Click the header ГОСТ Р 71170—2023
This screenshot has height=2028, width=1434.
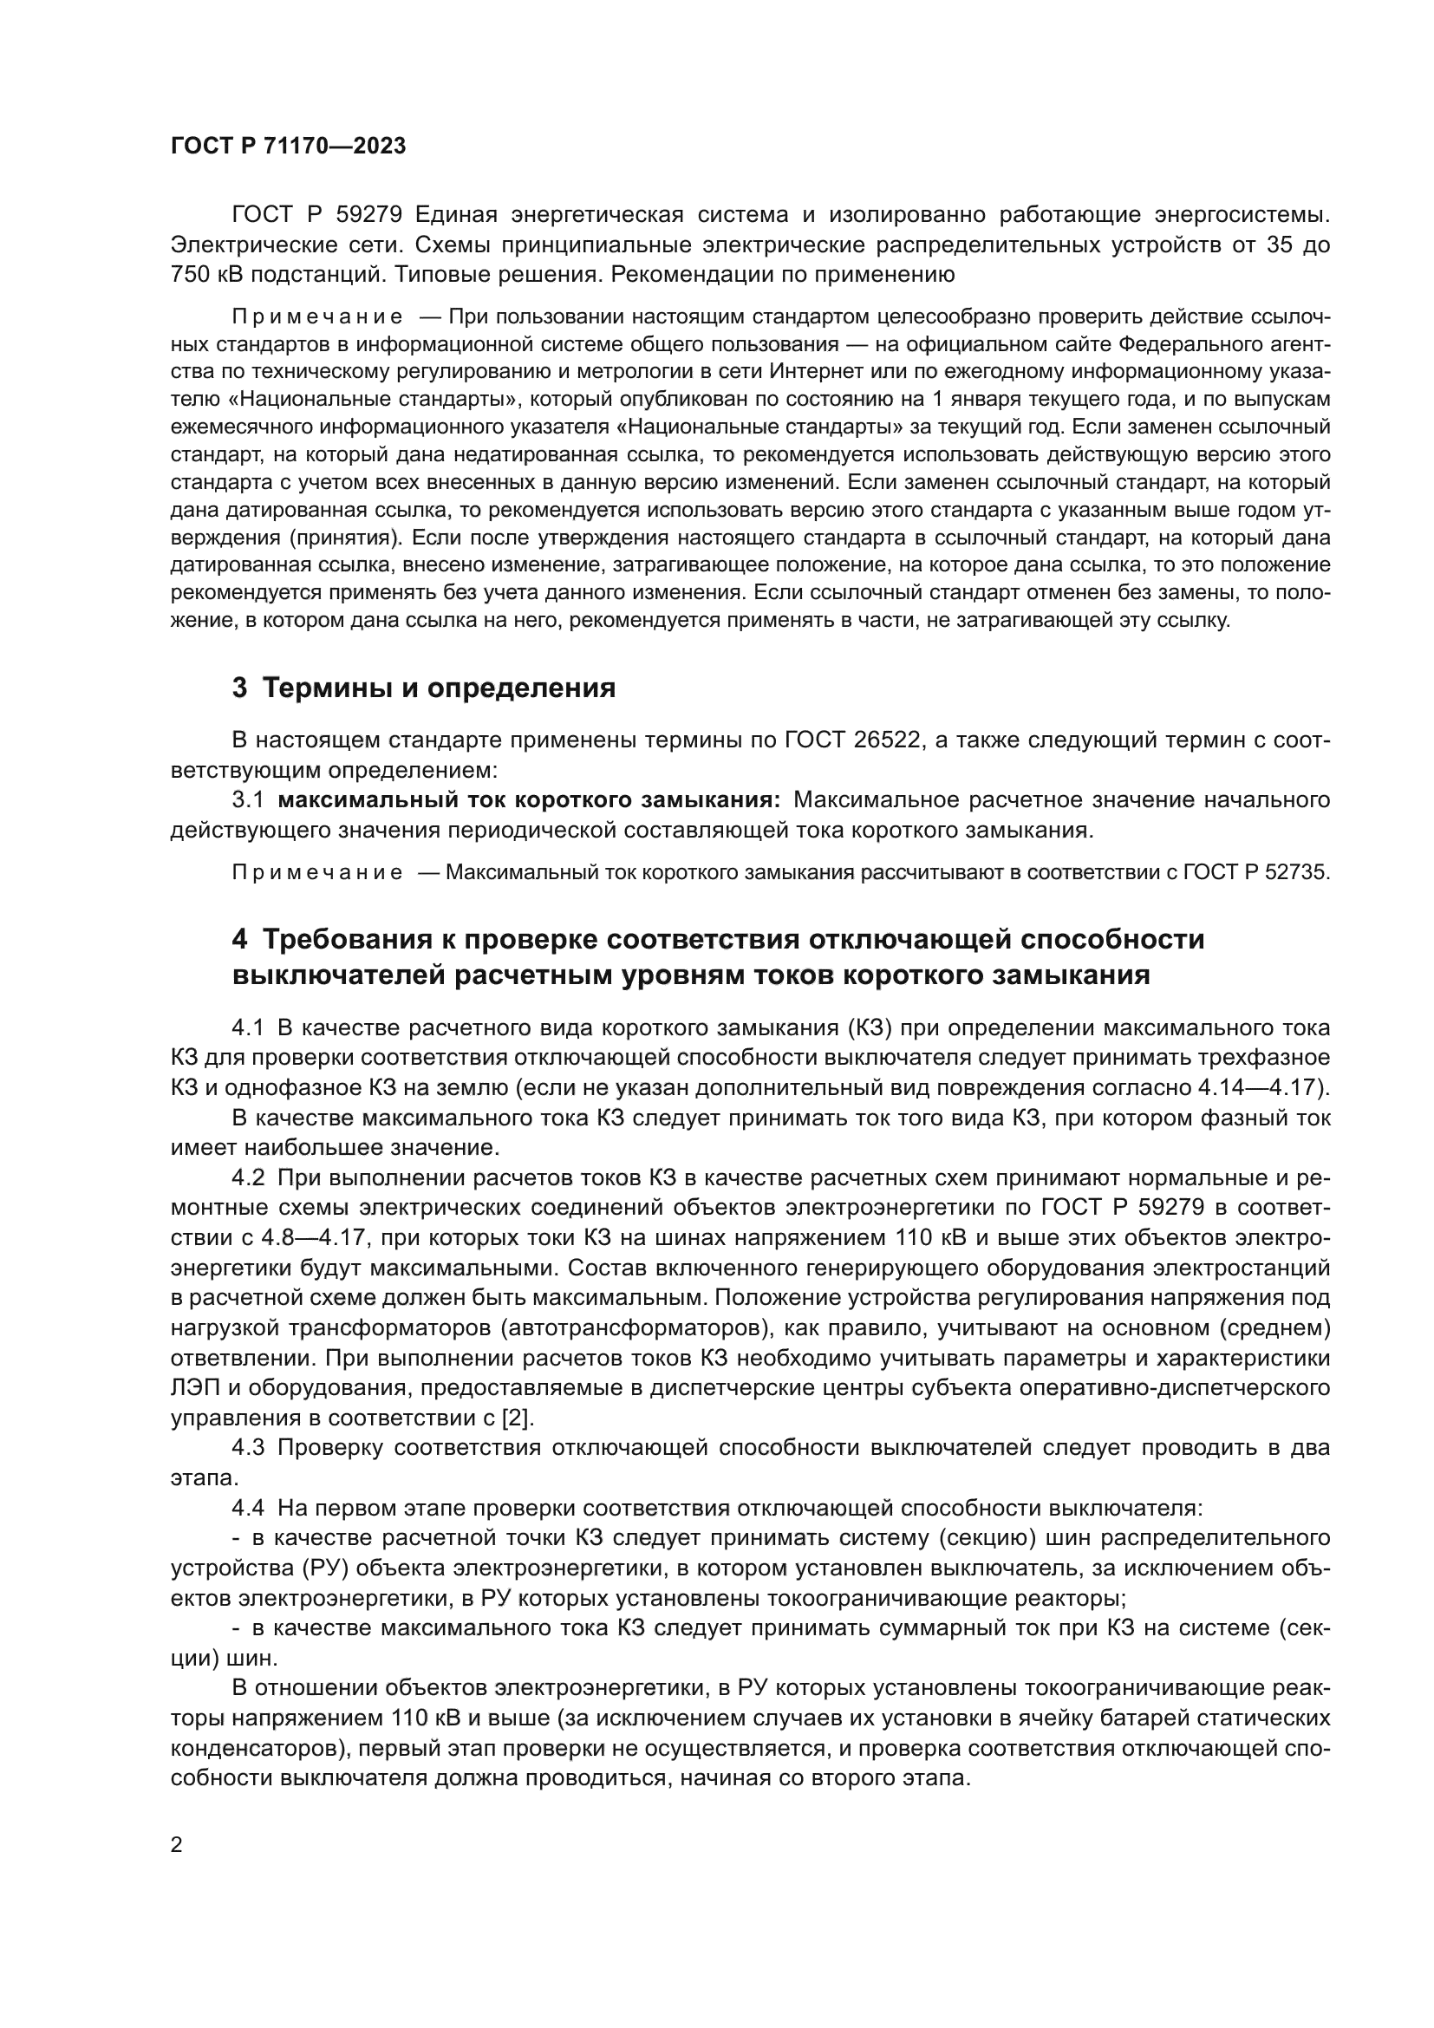pyautogui.click(x=288, y=147)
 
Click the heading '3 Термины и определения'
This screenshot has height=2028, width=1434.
pyautogui.click(x=424, y=688)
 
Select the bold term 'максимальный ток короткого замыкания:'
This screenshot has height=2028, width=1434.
pyautogui.click(x=529, y=800)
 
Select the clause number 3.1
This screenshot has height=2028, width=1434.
pyautogui.click(x=248, y=800)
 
